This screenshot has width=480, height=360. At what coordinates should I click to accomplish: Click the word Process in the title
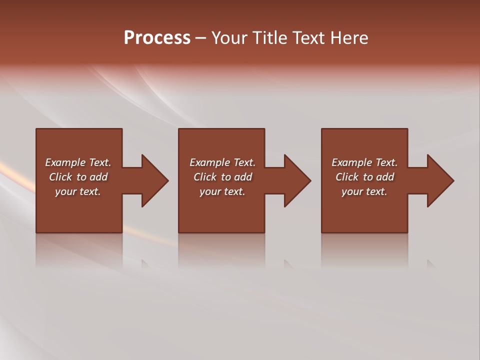point(157,38)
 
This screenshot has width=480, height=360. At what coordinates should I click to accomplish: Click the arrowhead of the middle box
point(297,180)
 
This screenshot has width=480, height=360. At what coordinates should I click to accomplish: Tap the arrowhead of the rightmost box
point(440,180)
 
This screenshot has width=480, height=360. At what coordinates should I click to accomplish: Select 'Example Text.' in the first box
point(78,162)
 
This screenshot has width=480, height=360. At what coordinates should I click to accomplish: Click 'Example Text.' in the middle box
point(222,162)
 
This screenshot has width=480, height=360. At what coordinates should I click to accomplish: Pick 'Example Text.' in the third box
point(364,162)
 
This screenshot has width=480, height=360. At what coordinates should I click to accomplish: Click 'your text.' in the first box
point(78,191)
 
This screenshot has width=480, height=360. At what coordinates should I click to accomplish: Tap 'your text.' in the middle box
point(222,191)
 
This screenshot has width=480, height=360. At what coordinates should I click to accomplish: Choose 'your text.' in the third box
point(364,191)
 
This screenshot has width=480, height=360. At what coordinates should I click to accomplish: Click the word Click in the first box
point(60,177)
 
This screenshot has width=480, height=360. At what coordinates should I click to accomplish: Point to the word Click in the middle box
point(205,177)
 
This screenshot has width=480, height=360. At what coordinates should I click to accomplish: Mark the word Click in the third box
point(347,177)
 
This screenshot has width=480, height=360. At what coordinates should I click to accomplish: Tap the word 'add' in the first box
point(98,177)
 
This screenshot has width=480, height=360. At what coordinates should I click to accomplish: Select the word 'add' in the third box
point(385,177)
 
